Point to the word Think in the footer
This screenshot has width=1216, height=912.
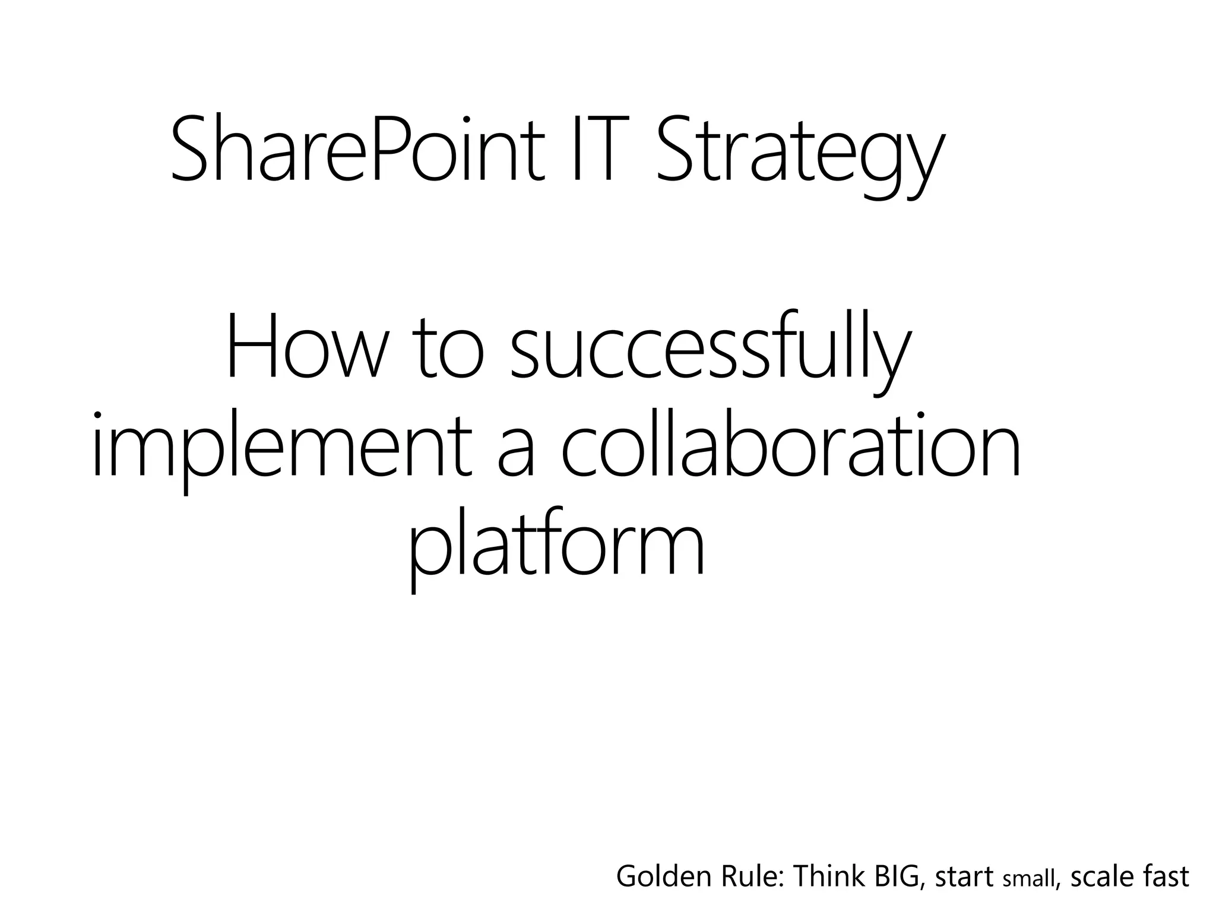point(829,877)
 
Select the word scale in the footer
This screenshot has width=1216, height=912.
point(1102,877)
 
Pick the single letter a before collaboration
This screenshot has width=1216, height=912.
point(517,454)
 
